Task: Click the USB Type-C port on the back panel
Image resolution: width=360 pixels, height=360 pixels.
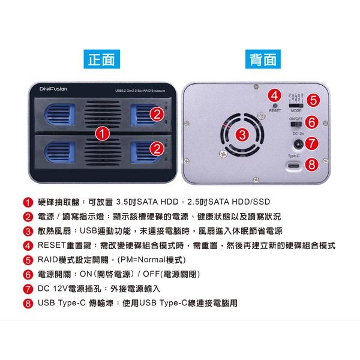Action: [x=294, y=166]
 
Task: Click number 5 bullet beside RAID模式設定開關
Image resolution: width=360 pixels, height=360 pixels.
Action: [x=28, y=260]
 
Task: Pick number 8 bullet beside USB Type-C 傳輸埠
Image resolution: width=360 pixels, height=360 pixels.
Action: [x=28, y=304]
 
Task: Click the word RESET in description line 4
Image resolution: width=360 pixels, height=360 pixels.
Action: [x=53, y=246]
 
